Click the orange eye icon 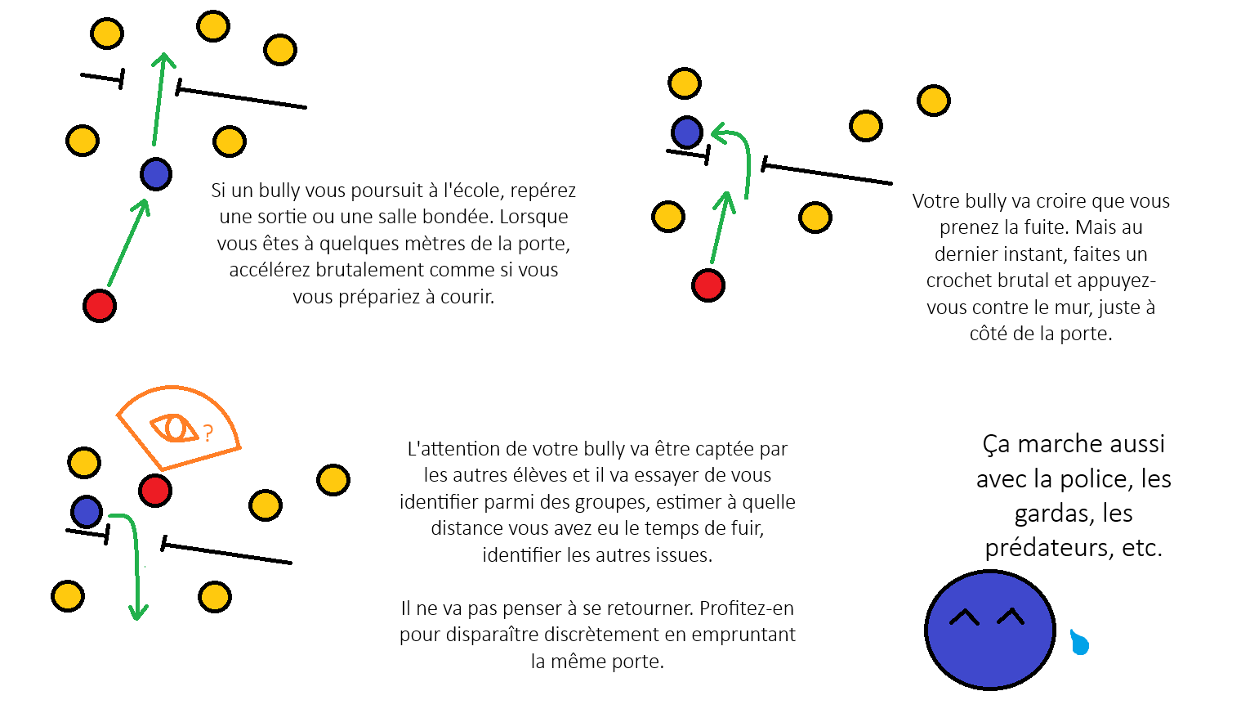[175, 428]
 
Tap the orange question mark [208, 433]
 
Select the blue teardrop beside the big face [1079, 642]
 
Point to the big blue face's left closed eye [964, 617]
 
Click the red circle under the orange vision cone [155, 491]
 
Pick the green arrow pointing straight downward [132, 566]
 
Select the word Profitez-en [746, 608]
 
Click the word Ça [997, 444]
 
